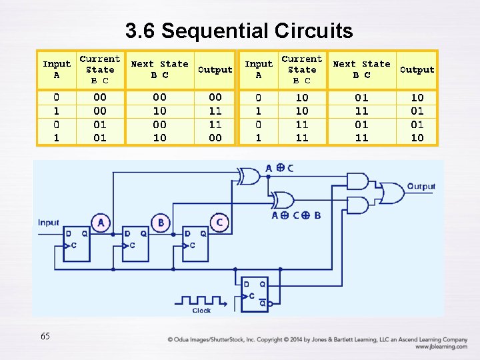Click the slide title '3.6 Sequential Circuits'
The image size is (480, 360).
pos(239,31)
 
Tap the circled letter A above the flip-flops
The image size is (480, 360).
pos(100,221)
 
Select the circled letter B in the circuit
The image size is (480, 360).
pos(161,221)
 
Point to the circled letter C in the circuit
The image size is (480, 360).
pos(219,221)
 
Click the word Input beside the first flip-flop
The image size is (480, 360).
pos(49,223)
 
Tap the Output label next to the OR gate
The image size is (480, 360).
pos(421,187)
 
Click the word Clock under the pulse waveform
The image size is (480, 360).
pos(201,311)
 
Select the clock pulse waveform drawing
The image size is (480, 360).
pos(201,301)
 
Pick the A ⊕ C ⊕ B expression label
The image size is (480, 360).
pos(296,215)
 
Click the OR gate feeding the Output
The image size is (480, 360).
pos(391,193)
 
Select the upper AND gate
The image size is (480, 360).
pos(358,181)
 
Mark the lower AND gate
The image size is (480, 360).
pos(358,205)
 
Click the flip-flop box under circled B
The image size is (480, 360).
pos(136,243)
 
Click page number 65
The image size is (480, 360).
pos(45,337)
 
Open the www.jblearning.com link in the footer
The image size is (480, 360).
pos(441,347)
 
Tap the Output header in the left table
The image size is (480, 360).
pos(215,69)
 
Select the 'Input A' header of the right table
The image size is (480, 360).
pos(259,69)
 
